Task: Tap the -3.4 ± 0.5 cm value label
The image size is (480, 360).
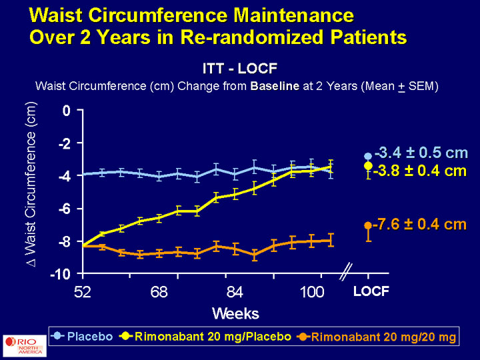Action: point(421,152)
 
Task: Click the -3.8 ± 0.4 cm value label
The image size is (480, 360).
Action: point(419,171)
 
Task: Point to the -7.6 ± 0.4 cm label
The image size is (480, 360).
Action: point(419,225)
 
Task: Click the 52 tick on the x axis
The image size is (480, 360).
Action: point(83,291)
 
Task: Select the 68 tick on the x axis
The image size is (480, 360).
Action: point(158,291)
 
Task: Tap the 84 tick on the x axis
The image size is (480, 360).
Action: point(235,291)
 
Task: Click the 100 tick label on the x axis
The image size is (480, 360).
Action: point(311,291)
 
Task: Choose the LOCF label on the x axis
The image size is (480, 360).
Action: point(371,291)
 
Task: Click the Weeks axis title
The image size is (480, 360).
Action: point(235,313)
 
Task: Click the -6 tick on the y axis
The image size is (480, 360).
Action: point(64,209)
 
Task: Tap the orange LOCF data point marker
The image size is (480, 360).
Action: point(368,226)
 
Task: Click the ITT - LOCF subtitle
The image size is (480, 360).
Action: point(239,68)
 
